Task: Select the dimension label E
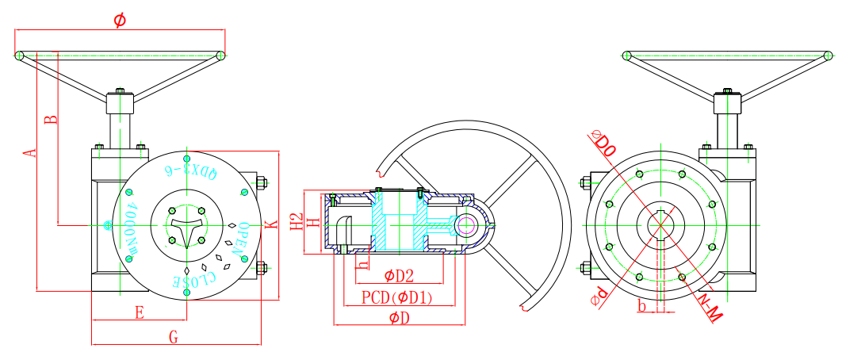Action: point(140,313)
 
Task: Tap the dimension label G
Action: point(174,337)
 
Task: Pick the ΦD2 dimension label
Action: point(399,276)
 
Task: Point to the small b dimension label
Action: point(642,304)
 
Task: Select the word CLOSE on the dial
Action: point(195,279)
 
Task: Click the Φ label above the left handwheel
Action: point(119,21)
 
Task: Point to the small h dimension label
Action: point(363,264)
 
